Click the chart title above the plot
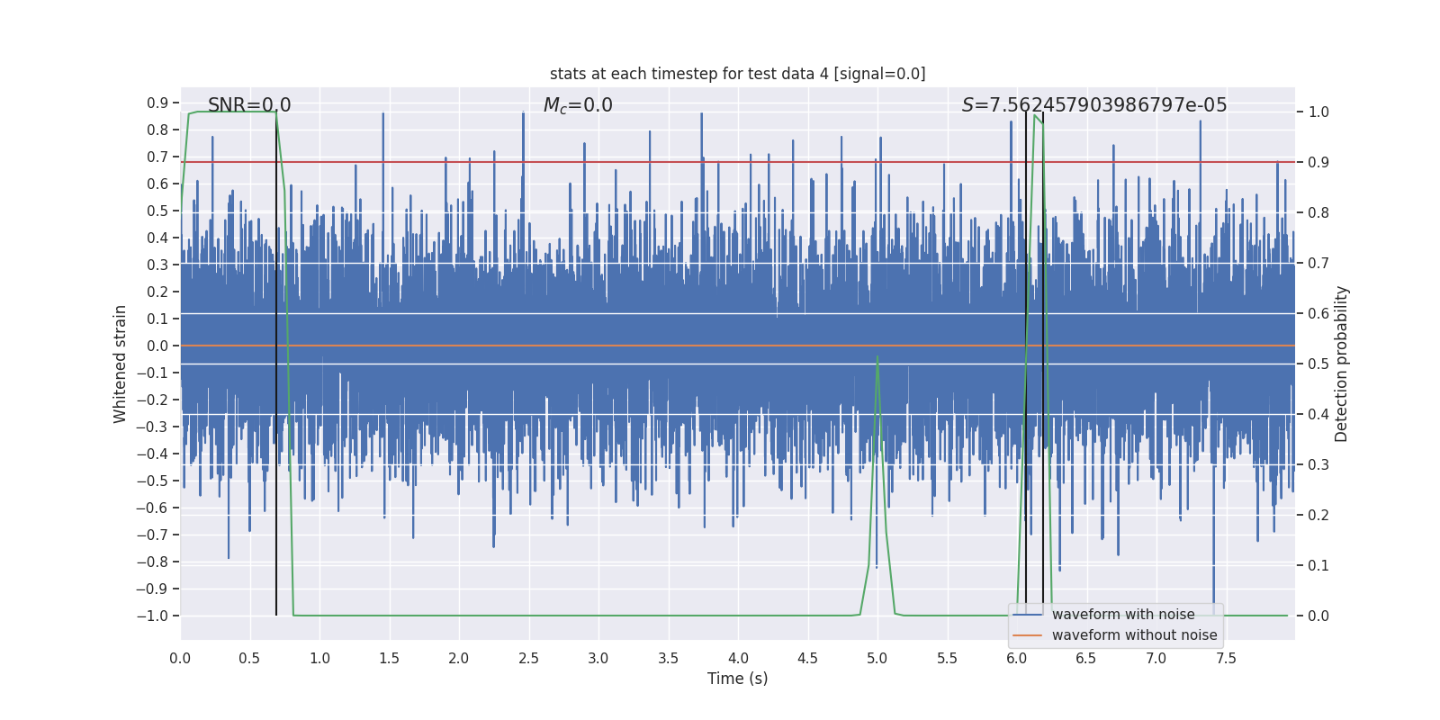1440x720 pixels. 737,74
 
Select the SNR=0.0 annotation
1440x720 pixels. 249,105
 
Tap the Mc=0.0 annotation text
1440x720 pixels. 578,105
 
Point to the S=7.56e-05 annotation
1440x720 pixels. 1093,105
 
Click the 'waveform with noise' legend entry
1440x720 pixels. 1122,615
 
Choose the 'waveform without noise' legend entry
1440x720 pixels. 1133,635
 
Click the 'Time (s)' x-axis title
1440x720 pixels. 737,679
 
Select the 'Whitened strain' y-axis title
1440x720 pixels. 121,364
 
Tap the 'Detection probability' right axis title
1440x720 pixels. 1342,364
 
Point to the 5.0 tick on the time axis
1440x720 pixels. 877,658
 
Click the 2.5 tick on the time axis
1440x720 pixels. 528,658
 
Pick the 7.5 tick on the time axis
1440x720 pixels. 1226,658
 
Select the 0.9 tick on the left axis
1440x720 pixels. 157,103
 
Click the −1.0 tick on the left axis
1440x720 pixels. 152,616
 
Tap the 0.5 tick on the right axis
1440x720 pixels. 1318,364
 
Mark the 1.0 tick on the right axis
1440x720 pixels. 1318,112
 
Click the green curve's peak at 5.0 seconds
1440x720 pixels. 877,357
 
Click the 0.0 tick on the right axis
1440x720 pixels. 1318,616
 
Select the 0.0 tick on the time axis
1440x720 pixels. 180,658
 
